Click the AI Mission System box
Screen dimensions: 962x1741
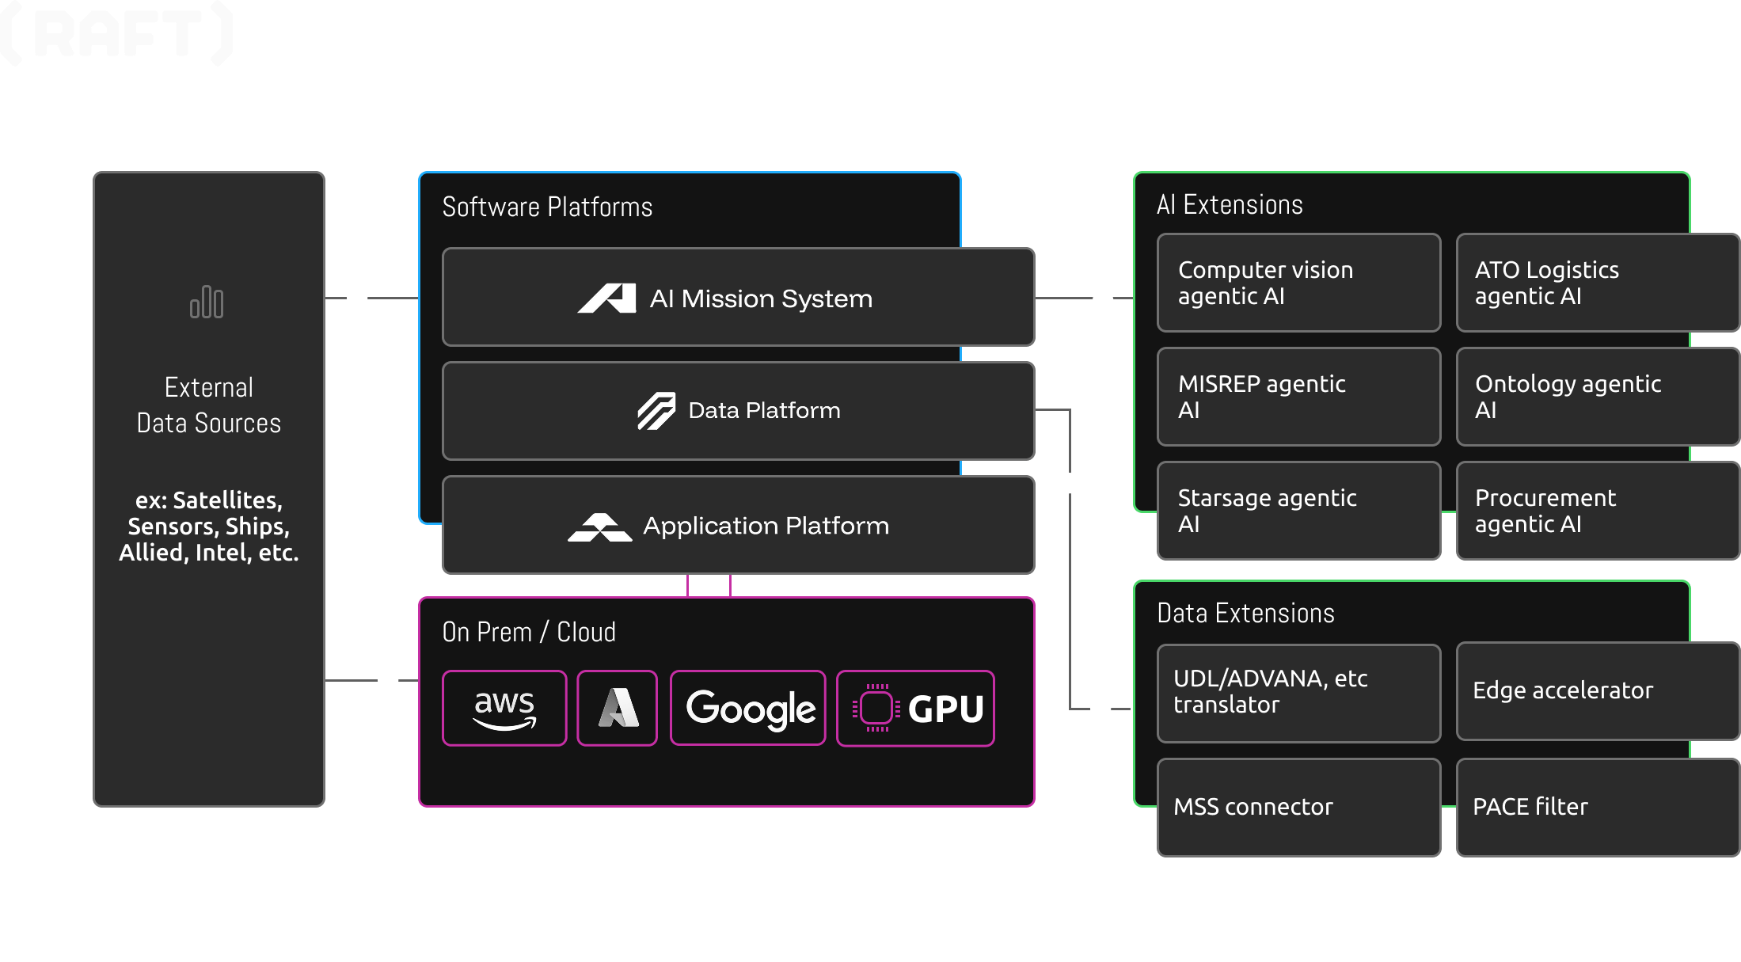click(738, 298)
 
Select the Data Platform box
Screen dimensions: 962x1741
click(738, 411)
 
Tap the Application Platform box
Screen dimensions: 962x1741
click(738, 525)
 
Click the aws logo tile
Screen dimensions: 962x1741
click(504, 708)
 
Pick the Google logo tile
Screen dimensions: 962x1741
click(748, 708)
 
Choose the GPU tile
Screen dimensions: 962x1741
click(915, 708)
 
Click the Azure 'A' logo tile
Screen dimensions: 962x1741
click(618, 708)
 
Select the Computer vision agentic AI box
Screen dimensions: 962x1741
click(1298, 283)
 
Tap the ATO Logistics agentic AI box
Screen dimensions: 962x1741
click(1596, 283)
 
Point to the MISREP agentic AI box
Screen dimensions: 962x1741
click(1298, 397)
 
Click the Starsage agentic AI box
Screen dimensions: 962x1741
click(1298, 511)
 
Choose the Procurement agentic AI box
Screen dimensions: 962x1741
click(1596, 511)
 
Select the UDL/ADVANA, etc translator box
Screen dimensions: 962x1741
click(1298, 693)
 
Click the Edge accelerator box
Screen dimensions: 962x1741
click(1596, 691)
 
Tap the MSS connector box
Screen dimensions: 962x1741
click(1298, 807)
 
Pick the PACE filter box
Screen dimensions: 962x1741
click(1596, 807)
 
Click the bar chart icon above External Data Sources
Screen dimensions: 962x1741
click(207, 302)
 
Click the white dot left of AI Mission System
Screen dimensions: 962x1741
click(357, 298)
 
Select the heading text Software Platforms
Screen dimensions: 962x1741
click(547, 207)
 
